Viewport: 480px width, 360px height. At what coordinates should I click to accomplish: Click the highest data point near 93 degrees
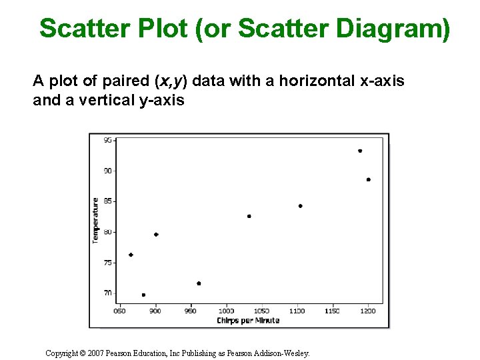tap(360, 151)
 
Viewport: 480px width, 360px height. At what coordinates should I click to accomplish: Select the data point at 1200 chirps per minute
tap(368, 179)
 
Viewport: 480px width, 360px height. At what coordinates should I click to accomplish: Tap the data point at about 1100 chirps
tap(300, 206)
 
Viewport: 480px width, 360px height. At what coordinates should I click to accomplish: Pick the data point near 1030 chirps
tap(249, 216)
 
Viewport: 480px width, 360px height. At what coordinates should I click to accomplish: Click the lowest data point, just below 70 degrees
tap(143, 295)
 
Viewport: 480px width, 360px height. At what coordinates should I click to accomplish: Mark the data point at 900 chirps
tap(156, 235)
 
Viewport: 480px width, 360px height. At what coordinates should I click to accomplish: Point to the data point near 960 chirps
tap(199, 283)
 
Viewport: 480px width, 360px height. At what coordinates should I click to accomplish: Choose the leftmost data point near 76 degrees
tap(131, 255)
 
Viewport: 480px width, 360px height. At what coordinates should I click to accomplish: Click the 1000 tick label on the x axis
tap(226, 311)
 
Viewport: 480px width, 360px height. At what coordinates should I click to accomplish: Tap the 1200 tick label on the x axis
tap(368, 311)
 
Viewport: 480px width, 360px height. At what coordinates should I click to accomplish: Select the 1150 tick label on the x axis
tap(332, 311)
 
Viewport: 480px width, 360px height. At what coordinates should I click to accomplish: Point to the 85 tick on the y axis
tap(108, 201)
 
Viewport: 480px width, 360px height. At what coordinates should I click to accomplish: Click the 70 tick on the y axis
tap(108, 293)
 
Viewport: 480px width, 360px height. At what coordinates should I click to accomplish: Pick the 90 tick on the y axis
tap(108, 171)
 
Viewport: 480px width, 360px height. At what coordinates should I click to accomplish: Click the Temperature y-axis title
tap(96, 220)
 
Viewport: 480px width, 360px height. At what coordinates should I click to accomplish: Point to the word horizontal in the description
tap(317, 81)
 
